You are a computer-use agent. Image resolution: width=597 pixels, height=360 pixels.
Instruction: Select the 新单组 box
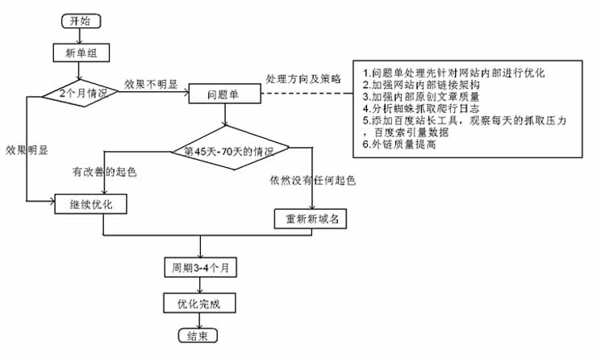(x=81, y=54)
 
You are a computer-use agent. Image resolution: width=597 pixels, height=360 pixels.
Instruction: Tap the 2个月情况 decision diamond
(x=82, y=93)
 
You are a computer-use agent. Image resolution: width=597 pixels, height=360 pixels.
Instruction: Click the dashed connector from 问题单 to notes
(x=307, y=94)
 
